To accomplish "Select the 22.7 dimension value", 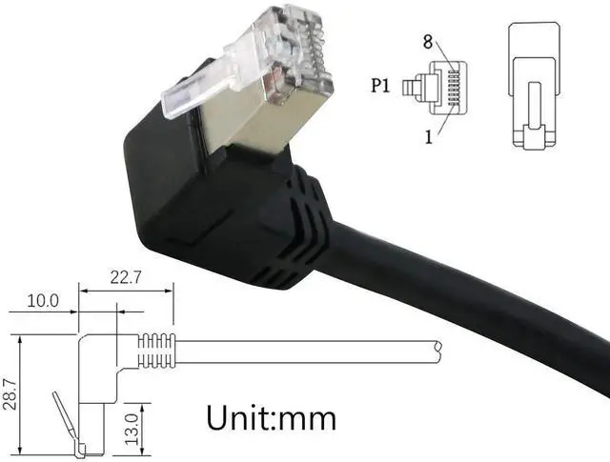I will pos(126,278).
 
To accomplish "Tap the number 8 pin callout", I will pos(429,42).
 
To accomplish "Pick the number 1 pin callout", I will pos(430,136).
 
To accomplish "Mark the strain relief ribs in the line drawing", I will pos(157,352).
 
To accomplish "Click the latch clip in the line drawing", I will pos(61,419).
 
